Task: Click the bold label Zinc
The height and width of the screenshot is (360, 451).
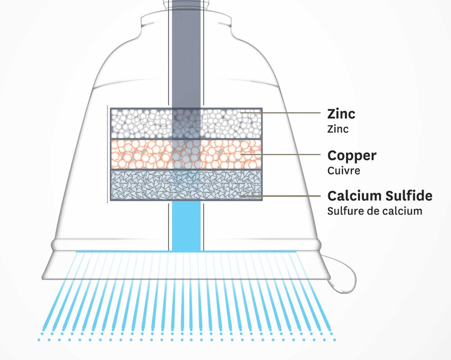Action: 341,114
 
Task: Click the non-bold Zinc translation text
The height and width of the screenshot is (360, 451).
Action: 337,129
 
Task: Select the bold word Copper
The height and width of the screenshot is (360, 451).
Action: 351,155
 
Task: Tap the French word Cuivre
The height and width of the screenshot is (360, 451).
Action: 344,170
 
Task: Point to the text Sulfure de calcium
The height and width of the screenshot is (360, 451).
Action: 374,211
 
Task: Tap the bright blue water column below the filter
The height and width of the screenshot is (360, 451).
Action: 186,226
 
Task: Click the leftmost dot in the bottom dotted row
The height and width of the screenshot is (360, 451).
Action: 39,340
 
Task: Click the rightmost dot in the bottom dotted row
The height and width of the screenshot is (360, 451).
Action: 334,340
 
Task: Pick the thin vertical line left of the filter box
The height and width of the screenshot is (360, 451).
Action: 107,154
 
